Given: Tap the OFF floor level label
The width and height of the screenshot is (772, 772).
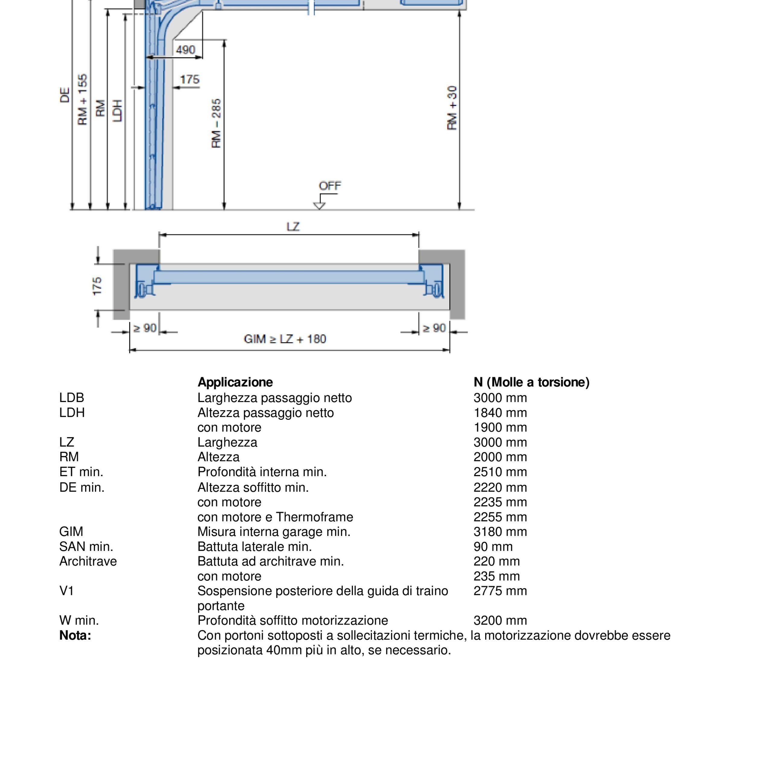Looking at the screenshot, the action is pos(330,186).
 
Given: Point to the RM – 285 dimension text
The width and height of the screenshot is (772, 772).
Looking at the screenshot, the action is pos(216,123).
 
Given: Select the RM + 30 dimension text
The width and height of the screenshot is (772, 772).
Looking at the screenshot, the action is pos(452,108).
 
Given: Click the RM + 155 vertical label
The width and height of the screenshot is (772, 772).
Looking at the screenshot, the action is pos(82,100).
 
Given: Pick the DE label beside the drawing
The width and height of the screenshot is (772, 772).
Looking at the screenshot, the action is pos(65,95).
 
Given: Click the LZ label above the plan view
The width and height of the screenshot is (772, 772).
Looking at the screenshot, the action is pos(293,227).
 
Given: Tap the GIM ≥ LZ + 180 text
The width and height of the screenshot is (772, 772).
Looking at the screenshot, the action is pos(285,339).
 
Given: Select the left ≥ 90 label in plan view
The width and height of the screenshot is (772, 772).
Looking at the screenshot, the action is pos(145,328).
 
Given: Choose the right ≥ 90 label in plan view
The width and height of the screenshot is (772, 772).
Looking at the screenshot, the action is pos(434,328).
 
